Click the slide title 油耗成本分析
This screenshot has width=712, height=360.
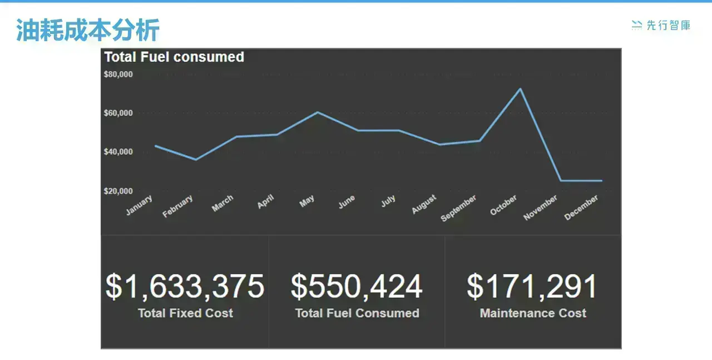click(88, 30)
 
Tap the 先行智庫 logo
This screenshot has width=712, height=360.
click(661, 25)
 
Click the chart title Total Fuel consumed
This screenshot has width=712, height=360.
click(174, 57)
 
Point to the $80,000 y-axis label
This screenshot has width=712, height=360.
click(118, 75)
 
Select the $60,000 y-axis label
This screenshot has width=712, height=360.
click(118, 113)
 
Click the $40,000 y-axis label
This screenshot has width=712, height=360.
click(118, 152)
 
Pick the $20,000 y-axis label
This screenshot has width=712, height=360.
click(118, 191)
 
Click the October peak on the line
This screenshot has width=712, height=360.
click(520, 88)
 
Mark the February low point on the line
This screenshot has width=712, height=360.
click(196, 160)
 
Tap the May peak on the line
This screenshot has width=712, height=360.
click(318, 112)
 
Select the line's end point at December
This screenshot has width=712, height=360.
click(601, 181)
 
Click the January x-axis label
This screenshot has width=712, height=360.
click(139, 205)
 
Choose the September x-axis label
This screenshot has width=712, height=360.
click(458, 208)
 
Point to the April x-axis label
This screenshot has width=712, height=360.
click(265, 201)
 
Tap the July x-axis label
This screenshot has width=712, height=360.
click(388, 201)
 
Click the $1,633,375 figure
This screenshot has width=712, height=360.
click(185, 287)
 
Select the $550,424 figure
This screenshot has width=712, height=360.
click(357, 287)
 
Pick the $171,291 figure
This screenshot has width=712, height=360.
click(532, 287)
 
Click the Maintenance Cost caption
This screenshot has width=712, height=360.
click(533, 313)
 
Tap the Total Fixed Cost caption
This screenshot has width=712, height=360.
click(185, 313)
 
